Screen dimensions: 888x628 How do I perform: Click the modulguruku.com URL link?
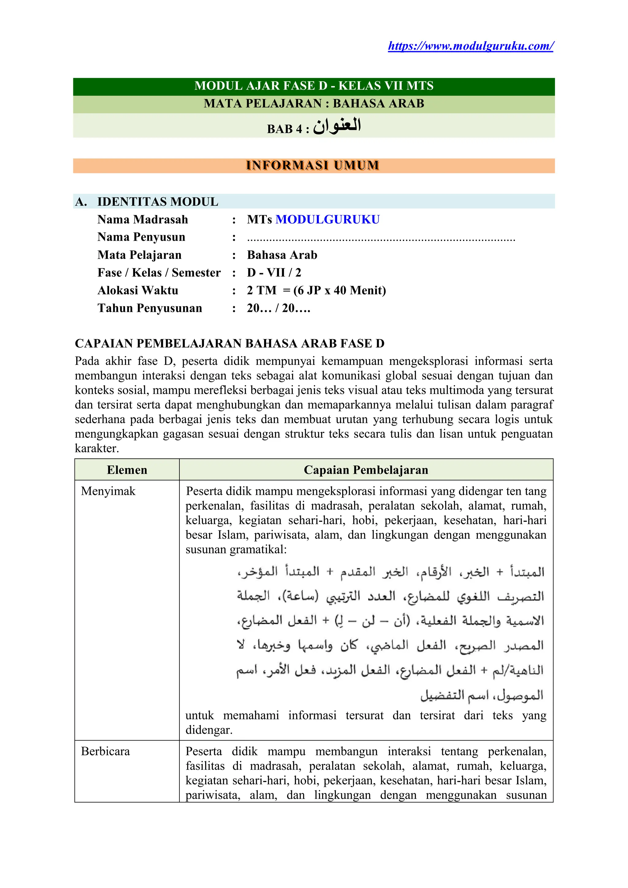(x=471, y=46)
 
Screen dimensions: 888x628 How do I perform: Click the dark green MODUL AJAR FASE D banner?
(x=314, y=86)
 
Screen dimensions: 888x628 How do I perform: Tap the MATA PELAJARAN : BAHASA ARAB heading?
(x=314, y=104)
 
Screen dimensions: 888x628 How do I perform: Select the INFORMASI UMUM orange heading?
(x=312, y=166)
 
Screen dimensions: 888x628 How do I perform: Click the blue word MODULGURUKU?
(x=327, y=219)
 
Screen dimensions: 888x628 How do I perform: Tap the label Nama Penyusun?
(x=141, y=237)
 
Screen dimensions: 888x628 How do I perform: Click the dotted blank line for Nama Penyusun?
(x=381, y=239)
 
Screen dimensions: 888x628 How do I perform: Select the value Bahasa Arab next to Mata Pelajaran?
(x=282, y=255)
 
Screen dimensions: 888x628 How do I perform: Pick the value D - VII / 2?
(x=274, y=273)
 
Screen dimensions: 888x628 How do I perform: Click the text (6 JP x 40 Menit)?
(x=339, y=290)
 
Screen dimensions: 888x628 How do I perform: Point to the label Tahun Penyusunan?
(x=150, y=308)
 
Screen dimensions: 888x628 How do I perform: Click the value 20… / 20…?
(x=278, y=308)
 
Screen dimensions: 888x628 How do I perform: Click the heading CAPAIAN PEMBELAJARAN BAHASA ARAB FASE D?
(x=229, y=343)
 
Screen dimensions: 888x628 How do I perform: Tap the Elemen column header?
(x=127, y=470)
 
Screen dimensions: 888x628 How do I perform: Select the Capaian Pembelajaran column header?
(x=366, y=470)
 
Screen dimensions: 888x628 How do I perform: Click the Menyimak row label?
(x=108, y=491)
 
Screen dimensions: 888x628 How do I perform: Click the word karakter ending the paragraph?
(x=97, y=449)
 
